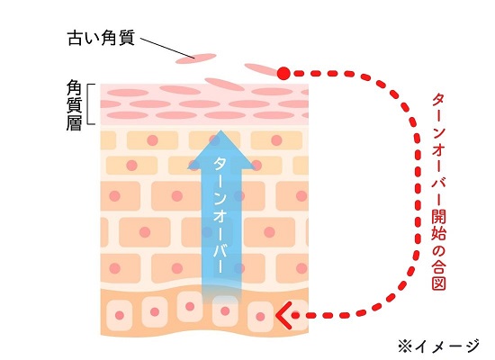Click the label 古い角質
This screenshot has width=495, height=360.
coord(102,38)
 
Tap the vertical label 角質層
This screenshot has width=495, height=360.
coord(75,105)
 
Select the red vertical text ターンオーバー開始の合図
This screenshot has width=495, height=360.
coord(439,192)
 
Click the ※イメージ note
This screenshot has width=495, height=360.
coord(439,347)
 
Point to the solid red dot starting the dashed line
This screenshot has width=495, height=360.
coord(283,73)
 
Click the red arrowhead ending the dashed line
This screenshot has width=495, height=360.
coord(283,315)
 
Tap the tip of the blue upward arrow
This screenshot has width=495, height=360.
coord(221,130)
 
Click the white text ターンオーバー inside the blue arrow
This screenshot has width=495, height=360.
coord(220,215)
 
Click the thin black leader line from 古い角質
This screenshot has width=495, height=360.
coord(167,49)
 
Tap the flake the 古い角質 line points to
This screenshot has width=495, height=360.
coord(196,58)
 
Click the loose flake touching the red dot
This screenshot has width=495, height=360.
coord(262,69)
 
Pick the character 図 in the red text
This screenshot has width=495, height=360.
coord(439,283)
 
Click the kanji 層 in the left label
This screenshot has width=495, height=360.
coord(75,122)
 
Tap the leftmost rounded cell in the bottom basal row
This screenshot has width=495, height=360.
coord(120,315)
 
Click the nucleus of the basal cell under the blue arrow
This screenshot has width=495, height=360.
coord(225,311)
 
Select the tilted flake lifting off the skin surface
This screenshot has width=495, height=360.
coord(225,84)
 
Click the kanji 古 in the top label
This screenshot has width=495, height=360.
coord(76,38)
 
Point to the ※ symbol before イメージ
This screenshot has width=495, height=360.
coord(405,347)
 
